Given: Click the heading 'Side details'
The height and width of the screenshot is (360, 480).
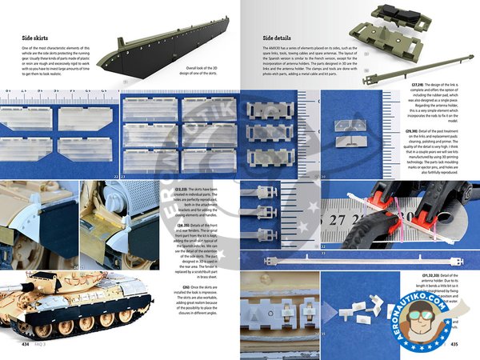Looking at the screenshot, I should point(283,38).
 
